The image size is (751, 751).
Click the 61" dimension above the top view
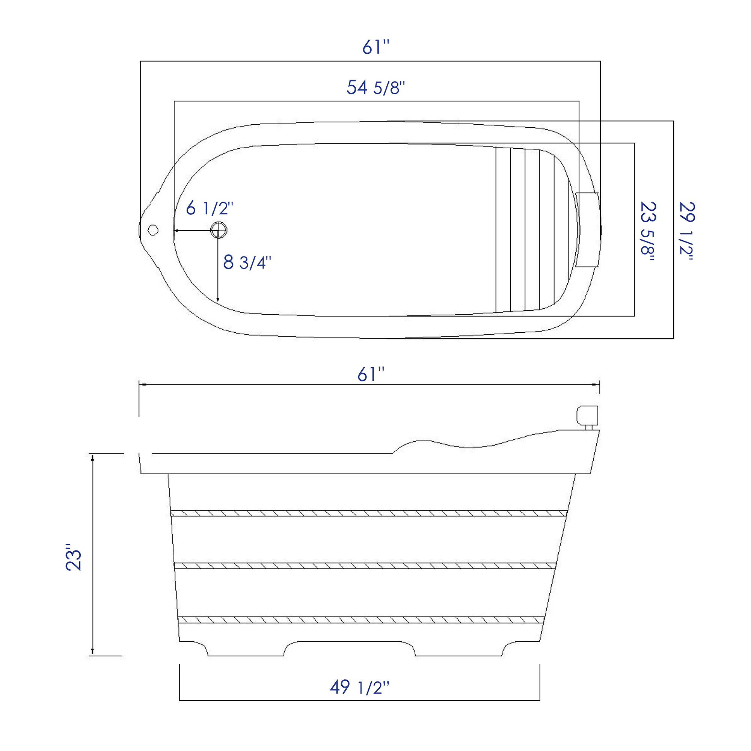click(375, 47)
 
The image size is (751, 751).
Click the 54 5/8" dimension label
click(375, 87)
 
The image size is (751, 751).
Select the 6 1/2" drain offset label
click(209, 208)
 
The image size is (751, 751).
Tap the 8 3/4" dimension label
click(247, 262)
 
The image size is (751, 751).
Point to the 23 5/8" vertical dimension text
click(648, 231)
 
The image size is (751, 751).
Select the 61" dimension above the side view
click(371, 374)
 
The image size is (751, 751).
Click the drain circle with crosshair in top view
click(219, 230)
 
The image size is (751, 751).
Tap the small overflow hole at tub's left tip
click(153, 230)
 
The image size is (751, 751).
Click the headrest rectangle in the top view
click(587, 230)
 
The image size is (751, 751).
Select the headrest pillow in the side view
click(587, 415)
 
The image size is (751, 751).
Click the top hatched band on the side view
click(368, 513)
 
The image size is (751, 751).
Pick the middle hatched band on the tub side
click(365, 566)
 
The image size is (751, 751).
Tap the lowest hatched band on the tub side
click(361, 620)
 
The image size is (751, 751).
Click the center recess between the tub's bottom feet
click(350, 648)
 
